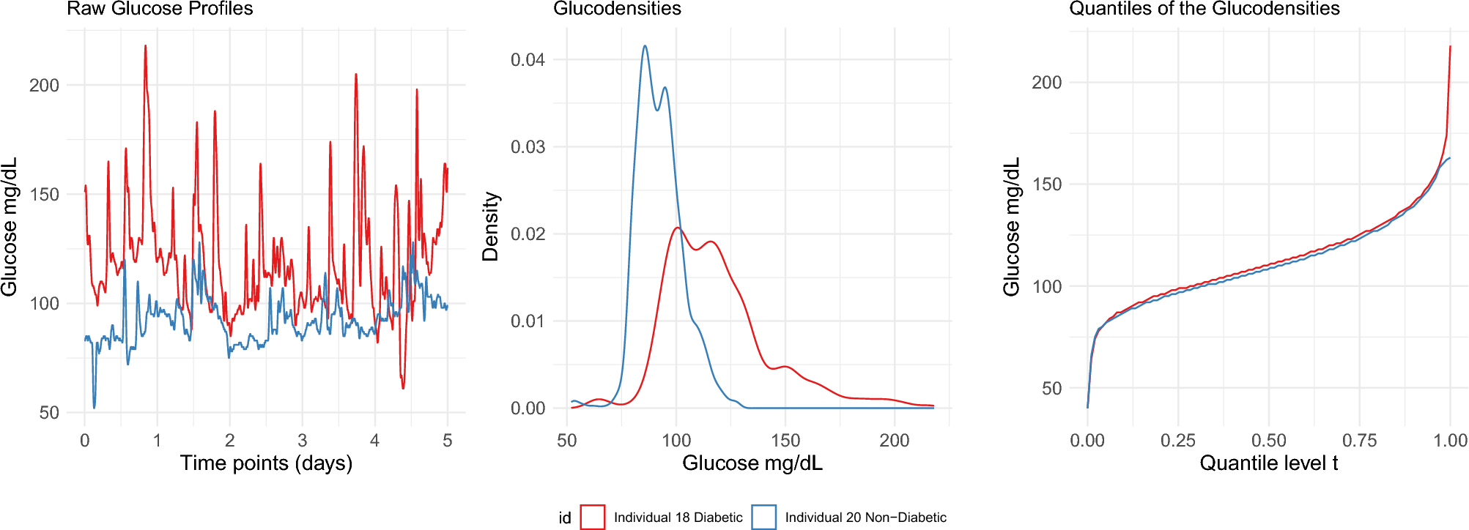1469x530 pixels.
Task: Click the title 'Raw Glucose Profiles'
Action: pos(160,9)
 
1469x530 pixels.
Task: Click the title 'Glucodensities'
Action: pos(617,9)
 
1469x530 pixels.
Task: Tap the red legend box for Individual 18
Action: pos(592,517)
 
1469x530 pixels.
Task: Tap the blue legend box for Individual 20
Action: pos(763,517)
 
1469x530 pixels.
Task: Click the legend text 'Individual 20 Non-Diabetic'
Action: pos(865,518)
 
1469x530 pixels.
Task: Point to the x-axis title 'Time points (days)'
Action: pos(266,463)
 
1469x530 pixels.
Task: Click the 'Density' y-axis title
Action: pos(490,227)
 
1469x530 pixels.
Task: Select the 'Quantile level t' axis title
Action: pos(1268,463)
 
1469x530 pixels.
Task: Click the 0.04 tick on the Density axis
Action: pos(528,60)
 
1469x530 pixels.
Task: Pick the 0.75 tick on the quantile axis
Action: pos(1359,441)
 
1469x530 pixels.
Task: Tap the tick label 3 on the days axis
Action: pos(302,441)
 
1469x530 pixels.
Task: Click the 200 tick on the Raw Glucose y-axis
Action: pos(44,86)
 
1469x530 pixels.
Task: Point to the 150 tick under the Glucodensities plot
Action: pos(785,441)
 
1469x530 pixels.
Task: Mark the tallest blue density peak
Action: pos(645,46)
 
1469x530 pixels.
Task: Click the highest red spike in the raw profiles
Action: pos(145,46)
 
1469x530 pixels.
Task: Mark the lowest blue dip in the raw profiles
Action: pos(94,407)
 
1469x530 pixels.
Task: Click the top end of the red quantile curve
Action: pos(1450,47)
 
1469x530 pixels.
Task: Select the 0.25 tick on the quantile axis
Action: pos(1177,441)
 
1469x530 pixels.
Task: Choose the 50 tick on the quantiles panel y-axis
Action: pos(1051,389)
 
